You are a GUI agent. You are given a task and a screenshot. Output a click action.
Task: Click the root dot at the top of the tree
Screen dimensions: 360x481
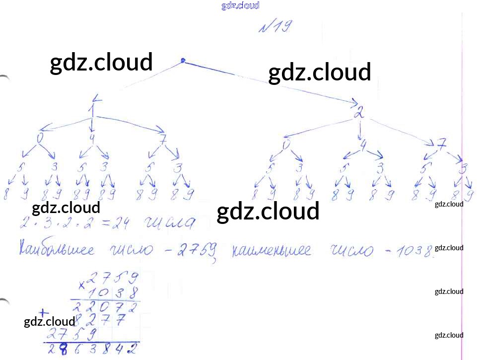click(183, 61)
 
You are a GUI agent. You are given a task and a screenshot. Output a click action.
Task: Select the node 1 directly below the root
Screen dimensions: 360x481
click(92, 109)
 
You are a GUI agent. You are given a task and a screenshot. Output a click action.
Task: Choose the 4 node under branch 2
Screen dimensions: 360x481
click(363, 144)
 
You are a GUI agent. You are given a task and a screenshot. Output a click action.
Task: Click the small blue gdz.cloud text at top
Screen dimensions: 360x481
click(240, 5)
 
